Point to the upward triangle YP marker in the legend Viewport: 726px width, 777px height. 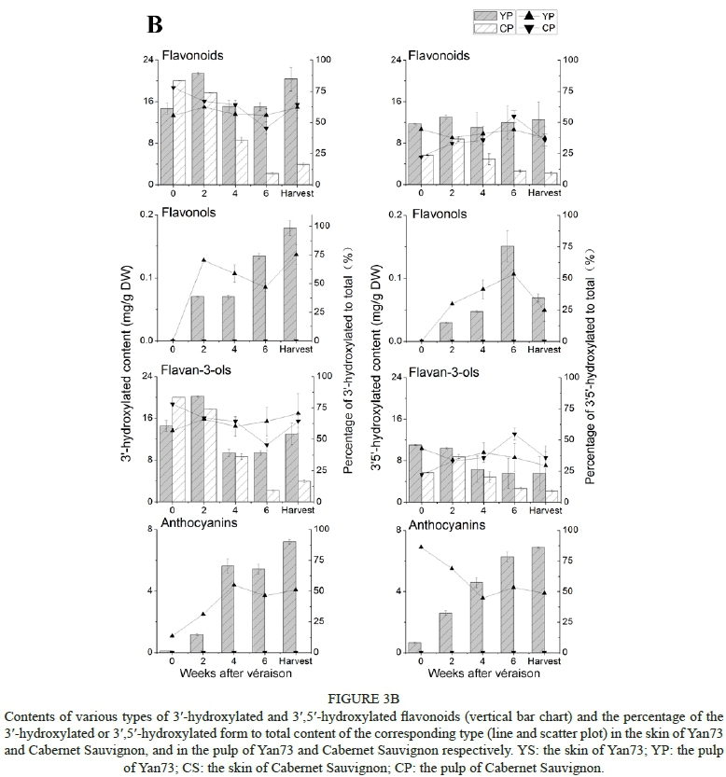(529, 16)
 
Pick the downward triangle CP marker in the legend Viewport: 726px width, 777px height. (529, 29)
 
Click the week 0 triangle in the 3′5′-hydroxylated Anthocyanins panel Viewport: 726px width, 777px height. (421, 547)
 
